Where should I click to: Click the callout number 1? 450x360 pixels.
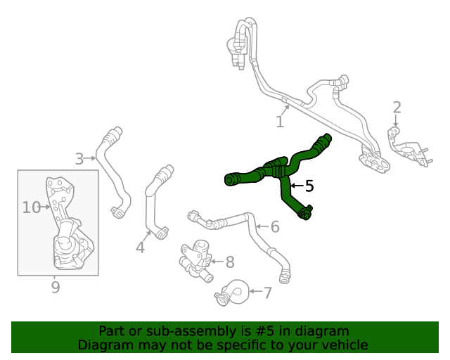(x=280, y=122)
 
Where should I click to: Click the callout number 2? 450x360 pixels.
(x=397, y=108)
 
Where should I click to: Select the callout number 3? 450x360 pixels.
(x=79, y=159)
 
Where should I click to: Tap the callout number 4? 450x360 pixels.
(x=140, y=247)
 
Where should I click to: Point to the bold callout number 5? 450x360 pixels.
(x=309, y=186)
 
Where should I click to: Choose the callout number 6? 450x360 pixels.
(x=275, y=226)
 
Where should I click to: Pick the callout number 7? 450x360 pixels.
(x=267, y=292)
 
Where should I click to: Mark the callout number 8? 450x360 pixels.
(x=229, y=262)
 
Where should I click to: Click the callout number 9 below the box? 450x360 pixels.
(x=56, y=287)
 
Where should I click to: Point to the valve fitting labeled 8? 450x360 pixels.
(x=196, y=259)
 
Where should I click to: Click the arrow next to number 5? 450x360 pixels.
(x=296, y=186)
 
